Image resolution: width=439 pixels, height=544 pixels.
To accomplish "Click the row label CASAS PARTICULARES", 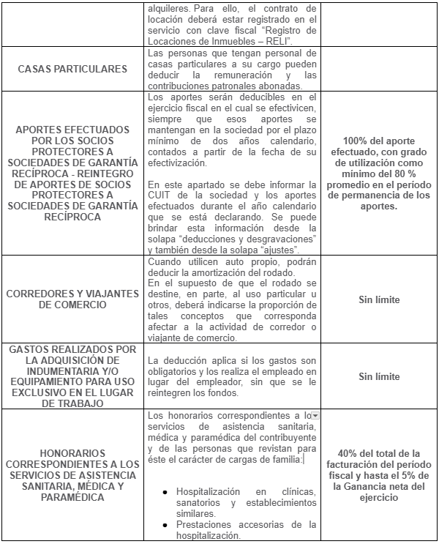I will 72,70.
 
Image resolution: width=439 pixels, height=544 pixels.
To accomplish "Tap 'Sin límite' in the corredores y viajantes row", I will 379,299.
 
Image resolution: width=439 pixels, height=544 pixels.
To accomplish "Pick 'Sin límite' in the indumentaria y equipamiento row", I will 379,376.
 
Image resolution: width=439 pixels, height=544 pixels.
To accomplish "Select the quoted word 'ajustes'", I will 288,250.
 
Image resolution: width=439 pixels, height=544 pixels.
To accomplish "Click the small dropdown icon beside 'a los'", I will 315,416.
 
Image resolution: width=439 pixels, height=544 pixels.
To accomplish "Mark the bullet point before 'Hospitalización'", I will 168,492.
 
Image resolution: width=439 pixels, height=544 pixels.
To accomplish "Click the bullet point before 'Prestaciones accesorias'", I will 168,525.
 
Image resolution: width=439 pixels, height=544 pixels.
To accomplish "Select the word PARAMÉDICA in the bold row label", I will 72,497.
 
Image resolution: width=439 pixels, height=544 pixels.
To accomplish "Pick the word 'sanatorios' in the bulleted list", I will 206,503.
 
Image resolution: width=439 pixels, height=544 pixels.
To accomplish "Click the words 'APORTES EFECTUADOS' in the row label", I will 72,129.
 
